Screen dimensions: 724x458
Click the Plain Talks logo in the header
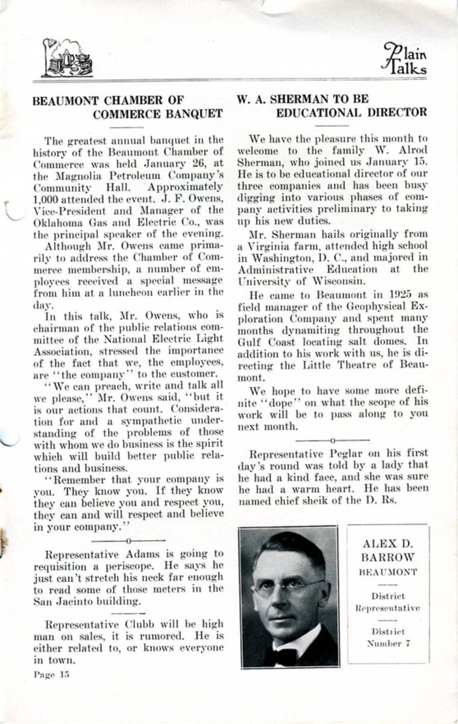[404, 59]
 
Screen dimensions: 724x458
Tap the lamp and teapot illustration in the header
[67, 59]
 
